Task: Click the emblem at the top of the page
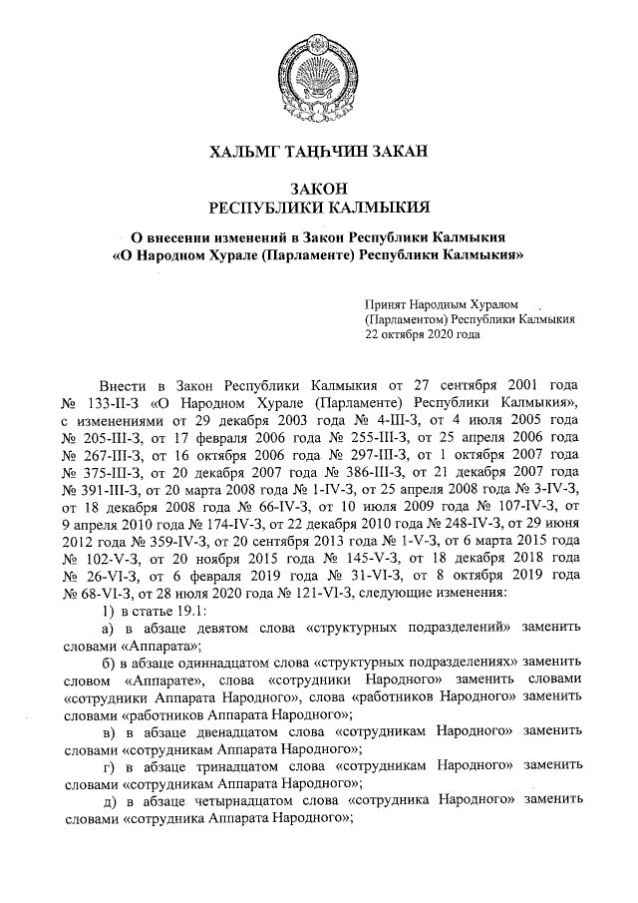tap(318, 70)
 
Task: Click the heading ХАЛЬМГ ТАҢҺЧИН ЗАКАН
tap(318, 152)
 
